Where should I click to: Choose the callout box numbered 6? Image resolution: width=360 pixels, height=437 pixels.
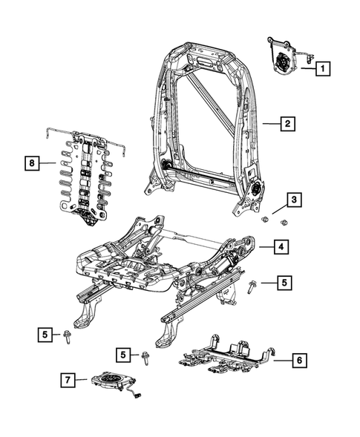pyautogui.click(x=298, y=361)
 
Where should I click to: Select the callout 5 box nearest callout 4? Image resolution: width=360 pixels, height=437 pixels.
pyautogui.click(x=285, y=282)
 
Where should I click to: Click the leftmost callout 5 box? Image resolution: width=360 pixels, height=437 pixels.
pyautogui.click(x=46, y=335)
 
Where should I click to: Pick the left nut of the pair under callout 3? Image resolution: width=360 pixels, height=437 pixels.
pyautogui.click(x=265, y=220)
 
